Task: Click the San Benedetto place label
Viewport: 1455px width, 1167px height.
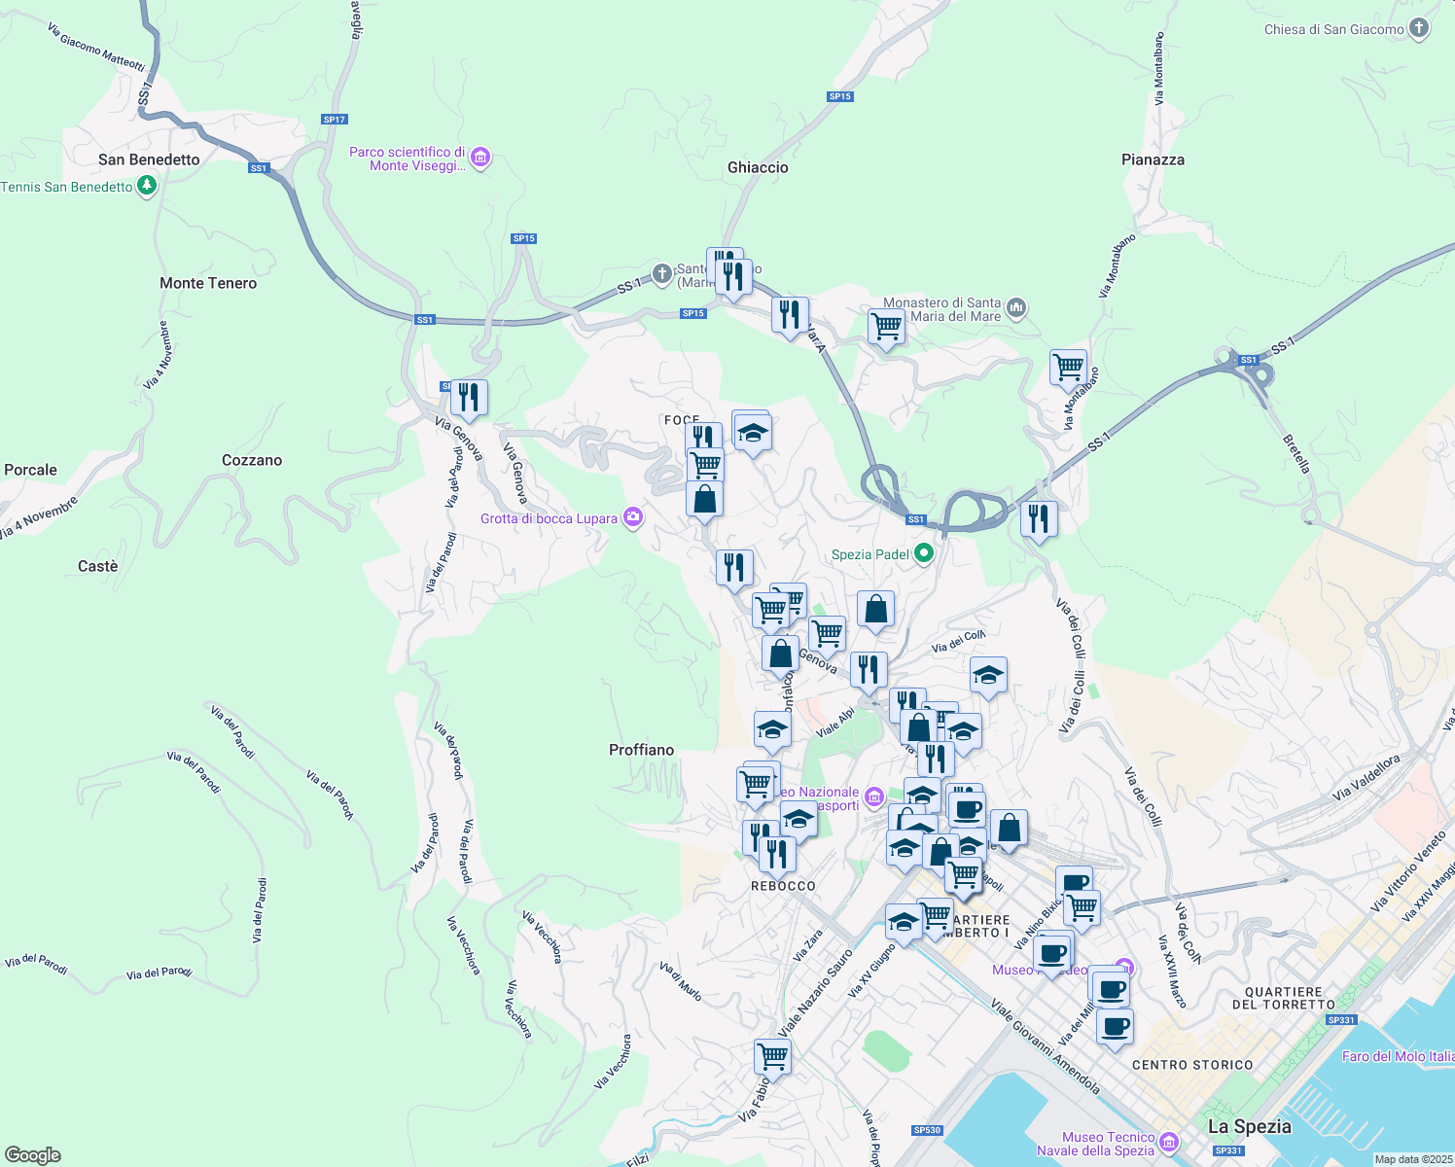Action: [149, 159]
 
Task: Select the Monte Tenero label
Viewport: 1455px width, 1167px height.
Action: [208, 283]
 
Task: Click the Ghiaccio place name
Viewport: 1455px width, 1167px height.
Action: [758, 167]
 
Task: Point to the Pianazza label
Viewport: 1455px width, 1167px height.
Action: [1153, 159]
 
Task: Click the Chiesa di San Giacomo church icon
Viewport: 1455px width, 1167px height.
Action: [1419, 28]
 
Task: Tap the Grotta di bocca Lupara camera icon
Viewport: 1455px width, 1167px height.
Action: [633, 517]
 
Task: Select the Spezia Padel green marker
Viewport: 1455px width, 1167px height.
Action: [924, 554]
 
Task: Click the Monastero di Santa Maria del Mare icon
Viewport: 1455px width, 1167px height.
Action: [1016, 308]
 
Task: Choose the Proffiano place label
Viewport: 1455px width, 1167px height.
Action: [641, 750]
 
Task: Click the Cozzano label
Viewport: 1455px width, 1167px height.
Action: [252, 460]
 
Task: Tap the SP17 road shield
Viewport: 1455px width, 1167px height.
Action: [334, 120]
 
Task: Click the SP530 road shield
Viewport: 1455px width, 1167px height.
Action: [927, 1130]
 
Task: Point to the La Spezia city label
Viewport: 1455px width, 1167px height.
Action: [1249, 1126]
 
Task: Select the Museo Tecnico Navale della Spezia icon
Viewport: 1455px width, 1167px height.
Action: [1169, 1142]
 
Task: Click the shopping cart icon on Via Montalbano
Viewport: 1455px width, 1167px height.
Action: [1068, 367]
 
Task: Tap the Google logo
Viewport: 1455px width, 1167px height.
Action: [33, 1155]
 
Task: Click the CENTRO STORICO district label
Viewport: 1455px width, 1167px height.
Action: [1192, 1065]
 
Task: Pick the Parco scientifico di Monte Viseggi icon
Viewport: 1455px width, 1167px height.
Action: [479, 157]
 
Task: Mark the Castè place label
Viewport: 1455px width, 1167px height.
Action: [97, 566]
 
